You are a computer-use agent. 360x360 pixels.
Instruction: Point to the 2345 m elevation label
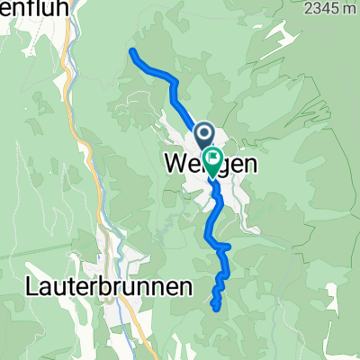(330, 8)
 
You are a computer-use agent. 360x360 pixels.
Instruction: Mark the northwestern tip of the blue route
(133, 49)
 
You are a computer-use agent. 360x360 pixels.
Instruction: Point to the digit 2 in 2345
(310, 8)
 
